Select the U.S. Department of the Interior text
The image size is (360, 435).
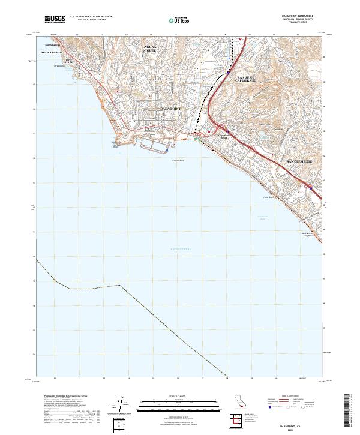(x=91, y=17)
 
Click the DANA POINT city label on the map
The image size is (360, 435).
(x=171, y=108)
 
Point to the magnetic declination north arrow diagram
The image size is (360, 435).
(x=119, y=405)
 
